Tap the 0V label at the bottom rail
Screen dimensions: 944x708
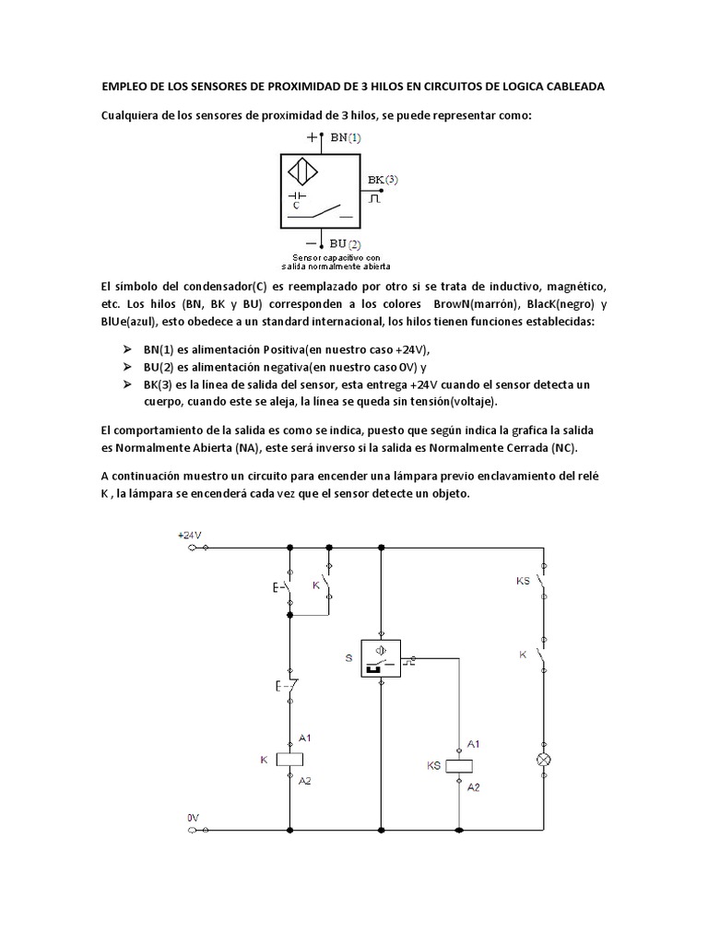(x=193, y=817)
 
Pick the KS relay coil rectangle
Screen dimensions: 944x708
(x=460, y=764)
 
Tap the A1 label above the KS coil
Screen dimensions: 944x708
(x=474, y=743)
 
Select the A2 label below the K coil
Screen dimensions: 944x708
(x=305, y=780)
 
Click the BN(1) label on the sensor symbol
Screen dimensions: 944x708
(x=346, y=137)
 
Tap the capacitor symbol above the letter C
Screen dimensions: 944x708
(x=297, y=195)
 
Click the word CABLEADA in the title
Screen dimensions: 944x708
(x=570, y=87)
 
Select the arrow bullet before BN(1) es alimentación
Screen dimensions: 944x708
(x=128, y=350)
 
